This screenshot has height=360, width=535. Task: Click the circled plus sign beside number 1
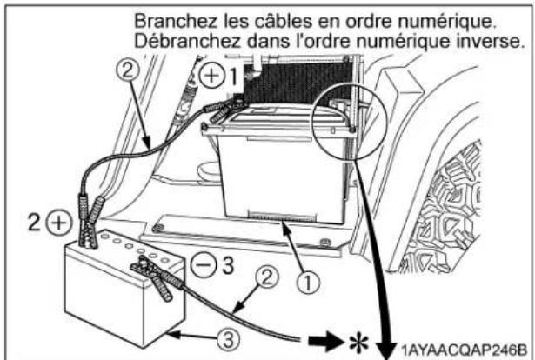pyautogui.click(x=211, y=77)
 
